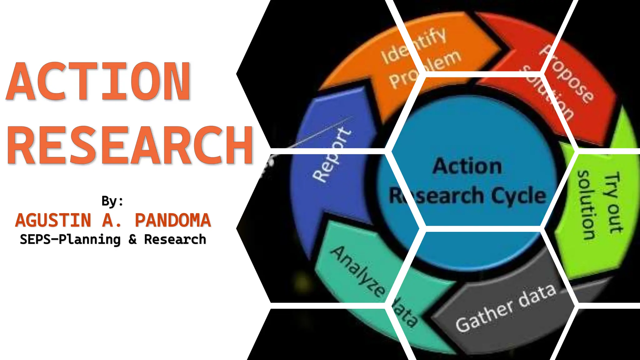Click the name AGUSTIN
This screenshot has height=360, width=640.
(x=53, y=220)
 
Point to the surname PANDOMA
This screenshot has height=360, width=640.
(x=173, y=220)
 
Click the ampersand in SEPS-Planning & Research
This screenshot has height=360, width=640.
(x=132, y=240)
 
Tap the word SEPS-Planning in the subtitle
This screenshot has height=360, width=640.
(x=70, y=240)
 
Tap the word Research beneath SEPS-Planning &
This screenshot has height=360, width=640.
(x=175, y=240)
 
